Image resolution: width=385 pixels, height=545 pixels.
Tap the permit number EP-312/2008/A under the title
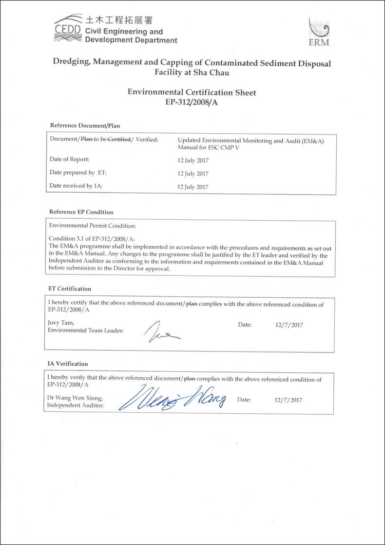(x=192, y=102)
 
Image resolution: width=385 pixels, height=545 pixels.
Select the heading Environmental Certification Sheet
(x=192, y=92)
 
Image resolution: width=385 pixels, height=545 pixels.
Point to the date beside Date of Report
(x=193, y=160)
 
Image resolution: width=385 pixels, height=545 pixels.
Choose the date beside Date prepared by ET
(x=193, y=174)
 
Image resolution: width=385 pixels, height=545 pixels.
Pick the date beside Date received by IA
(x=193, y=187)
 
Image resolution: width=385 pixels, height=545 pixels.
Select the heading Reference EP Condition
(x=81, y=212)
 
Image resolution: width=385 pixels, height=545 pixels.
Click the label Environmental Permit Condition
(x=93, y=226)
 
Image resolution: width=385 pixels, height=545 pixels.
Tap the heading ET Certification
(x=70, y=289)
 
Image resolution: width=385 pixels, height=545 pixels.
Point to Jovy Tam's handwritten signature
(x=159, y=333)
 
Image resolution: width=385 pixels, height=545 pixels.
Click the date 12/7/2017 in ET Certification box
(x=289, y=325)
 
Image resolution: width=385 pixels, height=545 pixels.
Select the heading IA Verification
(x=68, y=364)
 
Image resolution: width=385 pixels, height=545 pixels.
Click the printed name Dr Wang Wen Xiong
(x=75, y=397)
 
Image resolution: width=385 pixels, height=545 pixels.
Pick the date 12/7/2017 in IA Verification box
(x=289, y=400)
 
